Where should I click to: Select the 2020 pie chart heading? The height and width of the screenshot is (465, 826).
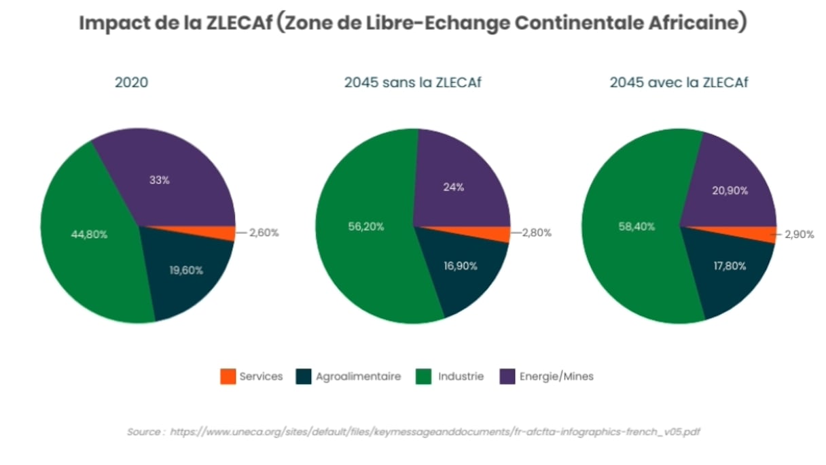point(132,83)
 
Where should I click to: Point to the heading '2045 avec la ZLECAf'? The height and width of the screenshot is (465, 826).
point(679,83)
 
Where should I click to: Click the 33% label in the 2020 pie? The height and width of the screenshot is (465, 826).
point(159,181)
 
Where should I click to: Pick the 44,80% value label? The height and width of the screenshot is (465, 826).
point(89,234)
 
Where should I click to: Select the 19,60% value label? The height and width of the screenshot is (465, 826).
point(186,270)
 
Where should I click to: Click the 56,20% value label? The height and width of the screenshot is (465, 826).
point(365,226)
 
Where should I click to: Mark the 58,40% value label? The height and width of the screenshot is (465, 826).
point(636,226)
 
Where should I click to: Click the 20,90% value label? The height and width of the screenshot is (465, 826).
point(730,191)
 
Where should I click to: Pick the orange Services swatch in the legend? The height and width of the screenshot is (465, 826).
point(228,377)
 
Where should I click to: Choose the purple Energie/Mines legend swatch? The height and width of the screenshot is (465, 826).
point(507,377)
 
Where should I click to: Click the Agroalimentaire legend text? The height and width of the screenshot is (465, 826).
point(358,377)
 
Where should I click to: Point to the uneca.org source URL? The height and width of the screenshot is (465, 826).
point(435,432)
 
